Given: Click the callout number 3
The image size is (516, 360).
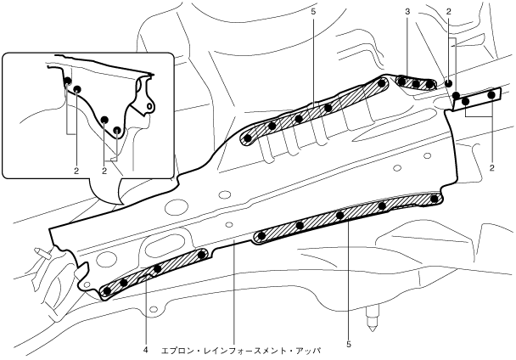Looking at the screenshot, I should [x=408, y=13].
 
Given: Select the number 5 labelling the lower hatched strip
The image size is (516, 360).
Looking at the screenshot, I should [x=348, y=344].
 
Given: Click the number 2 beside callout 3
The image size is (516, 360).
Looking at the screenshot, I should [x=449, y=13].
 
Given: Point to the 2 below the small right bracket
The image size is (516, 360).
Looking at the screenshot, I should [x=491, y=169].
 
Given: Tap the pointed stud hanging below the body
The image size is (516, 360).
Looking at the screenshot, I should [x=370, y=321].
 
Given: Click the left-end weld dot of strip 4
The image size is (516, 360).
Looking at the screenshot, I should [x=107, y=291].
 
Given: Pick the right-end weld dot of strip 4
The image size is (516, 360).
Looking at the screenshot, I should [x=201, y=254].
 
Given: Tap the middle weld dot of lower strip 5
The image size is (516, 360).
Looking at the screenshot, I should [x=339, y=216].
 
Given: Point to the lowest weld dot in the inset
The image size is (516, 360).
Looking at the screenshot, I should [x=117, y=131].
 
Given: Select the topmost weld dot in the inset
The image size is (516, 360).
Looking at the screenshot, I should [x=66, y=82].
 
